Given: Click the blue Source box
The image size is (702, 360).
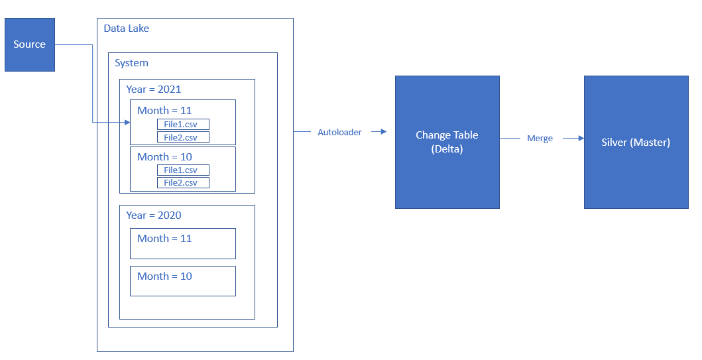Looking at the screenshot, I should point(30,44).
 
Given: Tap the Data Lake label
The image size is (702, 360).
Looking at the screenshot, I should point(127,29).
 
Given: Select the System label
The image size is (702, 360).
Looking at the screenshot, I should point(131,63).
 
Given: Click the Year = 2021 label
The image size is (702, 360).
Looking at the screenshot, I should point(153,89).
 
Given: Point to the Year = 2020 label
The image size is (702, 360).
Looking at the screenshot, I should point(153,215).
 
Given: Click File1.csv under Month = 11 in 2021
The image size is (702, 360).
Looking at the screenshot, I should point(183,124).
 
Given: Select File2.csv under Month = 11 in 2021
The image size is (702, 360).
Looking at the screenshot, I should point(183,137).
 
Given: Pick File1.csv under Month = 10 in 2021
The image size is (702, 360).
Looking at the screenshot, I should point(183,170).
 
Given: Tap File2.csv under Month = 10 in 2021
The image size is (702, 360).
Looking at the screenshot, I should point(183,182).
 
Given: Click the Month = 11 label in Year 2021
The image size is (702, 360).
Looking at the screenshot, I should point(164,110).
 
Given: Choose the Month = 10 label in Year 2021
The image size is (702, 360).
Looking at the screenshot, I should point(164,156).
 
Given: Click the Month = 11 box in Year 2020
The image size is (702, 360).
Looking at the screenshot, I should point(182,243).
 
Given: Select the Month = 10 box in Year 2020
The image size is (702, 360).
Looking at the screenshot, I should point(182,281).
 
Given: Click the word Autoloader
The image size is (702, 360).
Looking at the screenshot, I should point(339,132).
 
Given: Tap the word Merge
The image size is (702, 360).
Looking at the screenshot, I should point(540,139).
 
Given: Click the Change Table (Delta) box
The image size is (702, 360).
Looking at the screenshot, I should point(447,142).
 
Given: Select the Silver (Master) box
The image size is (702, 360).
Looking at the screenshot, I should point(635,142).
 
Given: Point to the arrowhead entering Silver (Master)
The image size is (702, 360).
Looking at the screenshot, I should point(581,139).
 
